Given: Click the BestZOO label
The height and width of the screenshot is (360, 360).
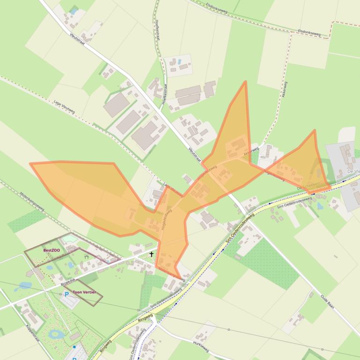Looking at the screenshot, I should [x=51, y=251].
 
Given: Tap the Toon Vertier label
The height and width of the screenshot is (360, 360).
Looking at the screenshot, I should [x=84, y=292].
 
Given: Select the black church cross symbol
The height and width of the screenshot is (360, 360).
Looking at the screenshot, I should [x=151, y=254].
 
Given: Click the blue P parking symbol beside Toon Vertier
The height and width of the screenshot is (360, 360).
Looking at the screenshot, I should [x=66, y=295].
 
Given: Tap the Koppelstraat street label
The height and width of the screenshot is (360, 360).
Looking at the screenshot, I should [x=35, y=327].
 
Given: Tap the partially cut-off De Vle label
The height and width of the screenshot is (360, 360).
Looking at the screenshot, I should [x=353, y=172].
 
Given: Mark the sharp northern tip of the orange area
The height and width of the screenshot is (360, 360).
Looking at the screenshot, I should [x=245, y=82].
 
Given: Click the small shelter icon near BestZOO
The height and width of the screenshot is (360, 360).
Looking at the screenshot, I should [x=86, y=256].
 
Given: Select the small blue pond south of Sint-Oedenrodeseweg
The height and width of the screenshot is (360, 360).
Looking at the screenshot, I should [x=320, y=206].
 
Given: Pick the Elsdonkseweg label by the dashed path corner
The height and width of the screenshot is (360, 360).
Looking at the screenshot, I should [x=309, y=32].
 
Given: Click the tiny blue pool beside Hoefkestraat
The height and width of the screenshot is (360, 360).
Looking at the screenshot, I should [x=178, y=61].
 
